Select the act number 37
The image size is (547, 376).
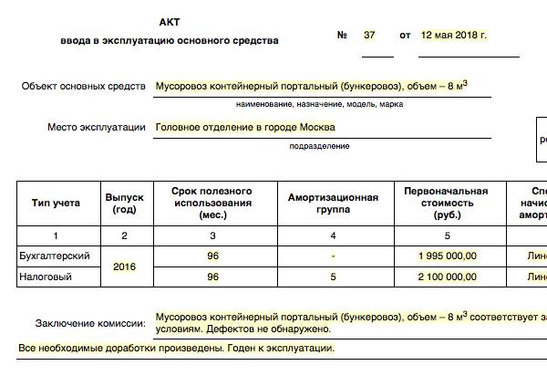pos(369,36)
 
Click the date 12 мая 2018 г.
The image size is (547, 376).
pos(454,36)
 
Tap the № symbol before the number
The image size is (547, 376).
pos(343,36)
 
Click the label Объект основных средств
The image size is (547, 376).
pos(84,87)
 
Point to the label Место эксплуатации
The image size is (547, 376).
pos(97,128)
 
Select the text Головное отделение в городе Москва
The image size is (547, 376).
pos(245,128)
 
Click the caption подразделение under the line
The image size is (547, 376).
pos(319,146)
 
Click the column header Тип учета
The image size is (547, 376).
pos(57,203)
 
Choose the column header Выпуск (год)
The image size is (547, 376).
pos(125,203)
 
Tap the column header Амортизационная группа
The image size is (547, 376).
pos(333,203)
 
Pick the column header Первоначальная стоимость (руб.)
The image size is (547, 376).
pos(447,203)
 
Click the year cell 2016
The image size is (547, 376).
pos(125,266)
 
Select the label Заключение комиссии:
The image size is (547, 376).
pos(90,323)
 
